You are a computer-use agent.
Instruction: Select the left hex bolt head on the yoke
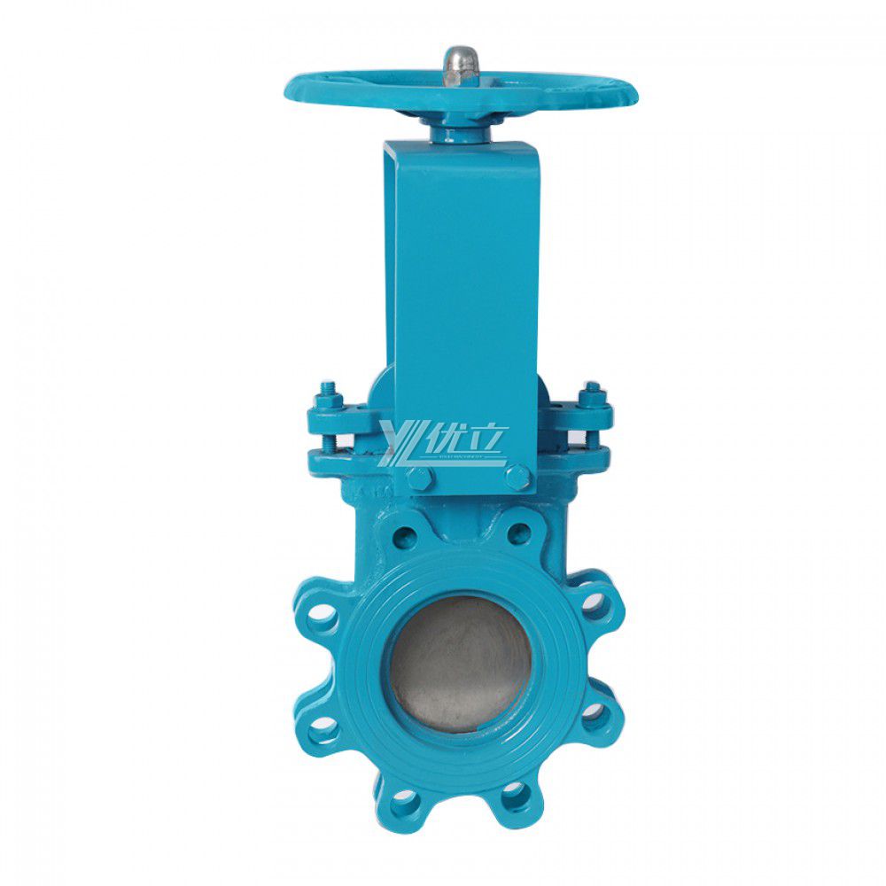(x=419, y=478)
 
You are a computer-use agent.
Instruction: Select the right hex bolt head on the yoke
(x=518, y=478)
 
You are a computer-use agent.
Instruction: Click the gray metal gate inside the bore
(x=461, y=663)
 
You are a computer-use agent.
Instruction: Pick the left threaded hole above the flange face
(x=404, y=534)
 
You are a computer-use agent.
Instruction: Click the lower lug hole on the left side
(x=323, y=729)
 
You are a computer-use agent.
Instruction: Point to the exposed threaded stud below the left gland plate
(x=330, y=440)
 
